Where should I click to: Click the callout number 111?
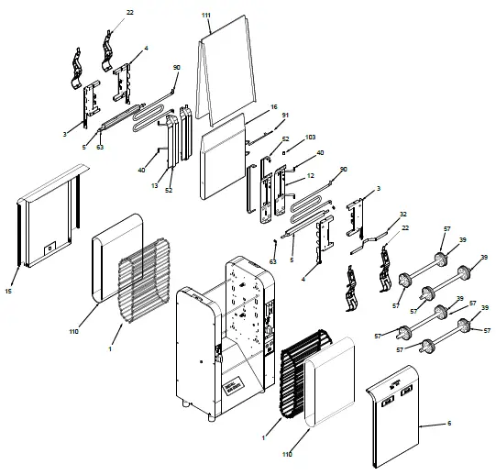point(206,17)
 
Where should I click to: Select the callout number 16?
point(273,107)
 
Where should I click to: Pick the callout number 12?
point(311,175)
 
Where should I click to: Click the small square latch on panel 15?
point(51,246)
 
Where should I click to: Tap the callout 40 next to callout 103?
point(320,152)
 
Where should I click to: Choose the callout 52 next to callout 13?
point(170,191)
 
